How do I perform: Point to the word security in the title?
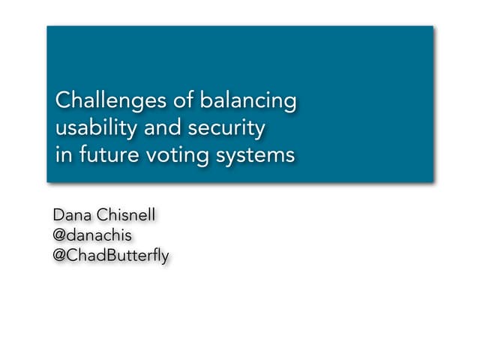[230, 128]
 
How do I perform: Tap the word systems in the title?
[254, 157]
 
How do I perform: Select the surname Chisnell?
[127, 216]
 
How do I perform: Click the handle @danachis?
[92, 235]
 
